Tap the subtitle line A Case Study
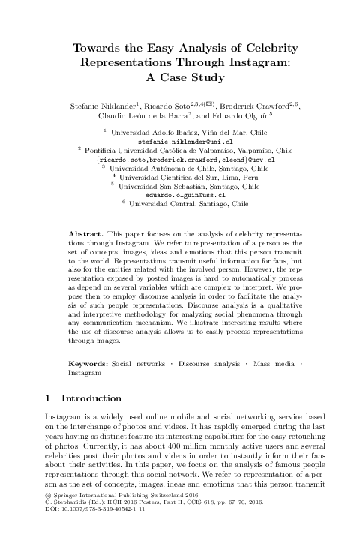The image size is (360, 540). point(180,76)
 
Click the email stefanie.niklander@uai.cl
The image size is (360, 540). point(180,141)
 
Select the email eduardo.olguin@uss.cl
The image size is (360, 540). point(180,194)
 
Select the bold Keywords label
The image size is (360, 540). point(88,363)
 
